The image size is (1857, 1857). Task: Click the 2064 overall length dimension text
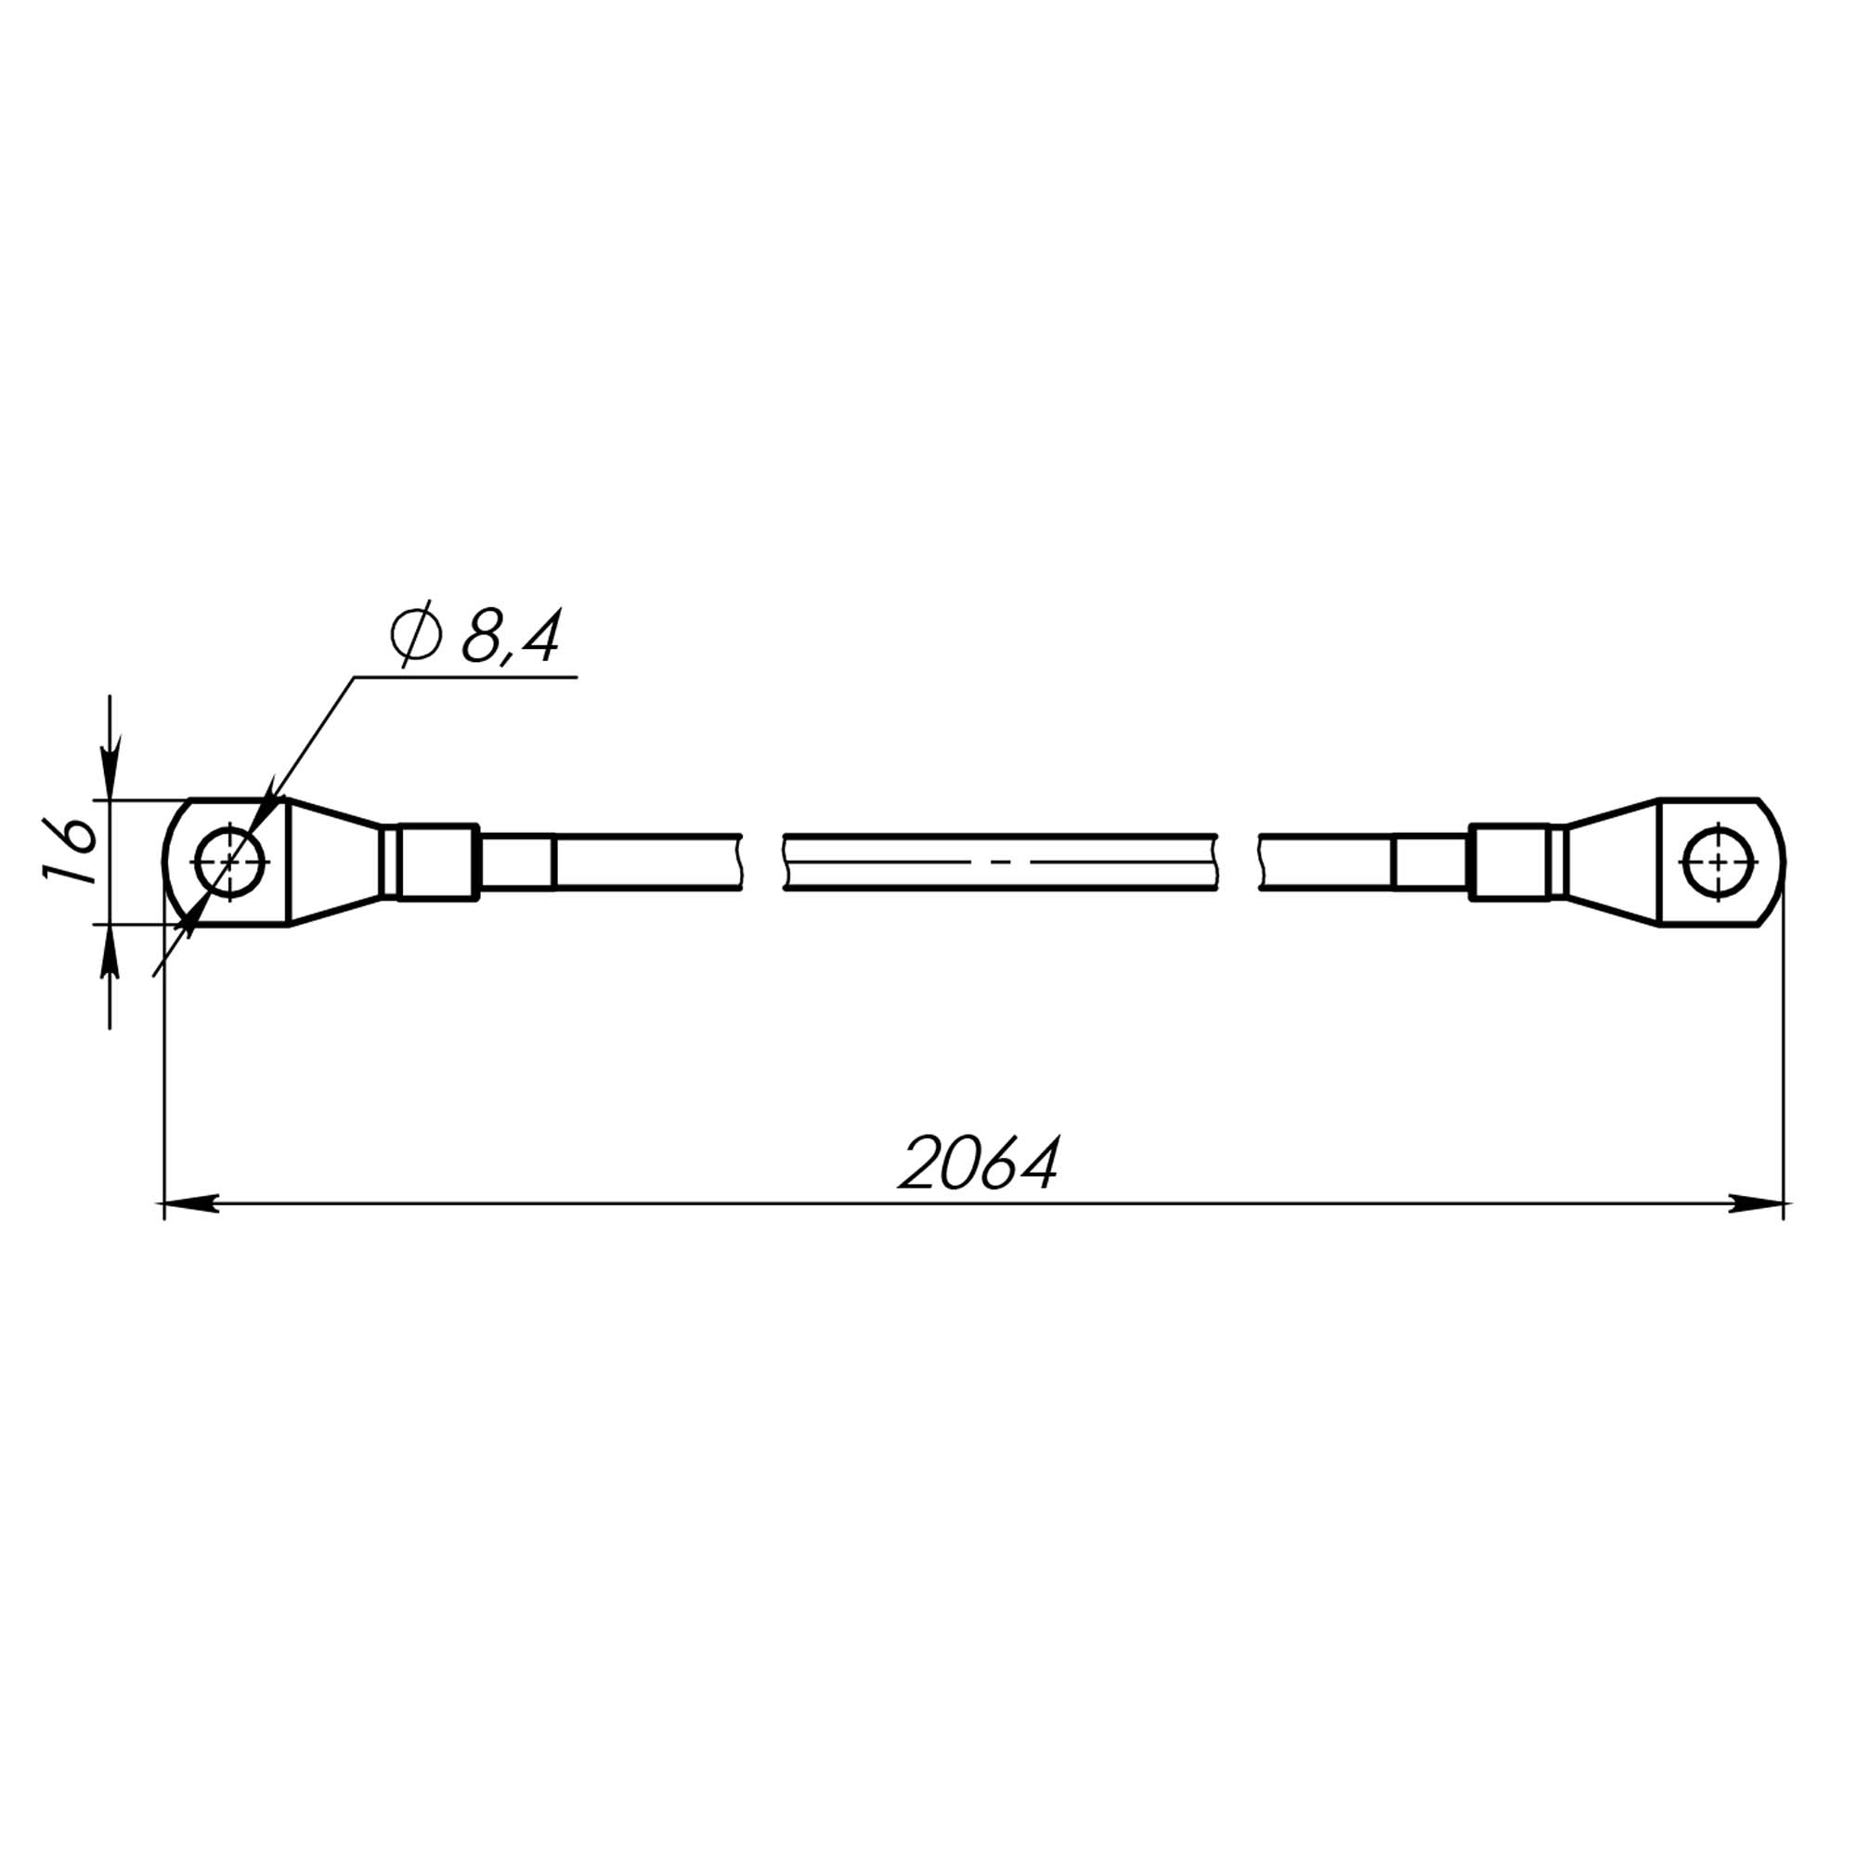click(x=979, y=1163)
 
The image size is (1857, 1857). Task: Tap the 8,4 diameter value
click(x=511, y=635)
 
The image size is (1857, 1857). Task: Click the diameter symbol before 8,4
click(x=416, y=635)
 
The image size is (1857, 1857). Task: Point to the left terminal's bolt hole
click(x=230, y=862)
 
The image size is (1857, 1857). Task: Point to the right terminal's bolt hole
click(x=1719, y=862)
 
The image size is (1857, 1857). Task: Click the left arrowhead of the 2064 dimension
click(x=191, y=1203)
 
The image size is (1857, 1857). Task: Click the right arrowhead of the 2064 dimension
click(x=1756, y=1203)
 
